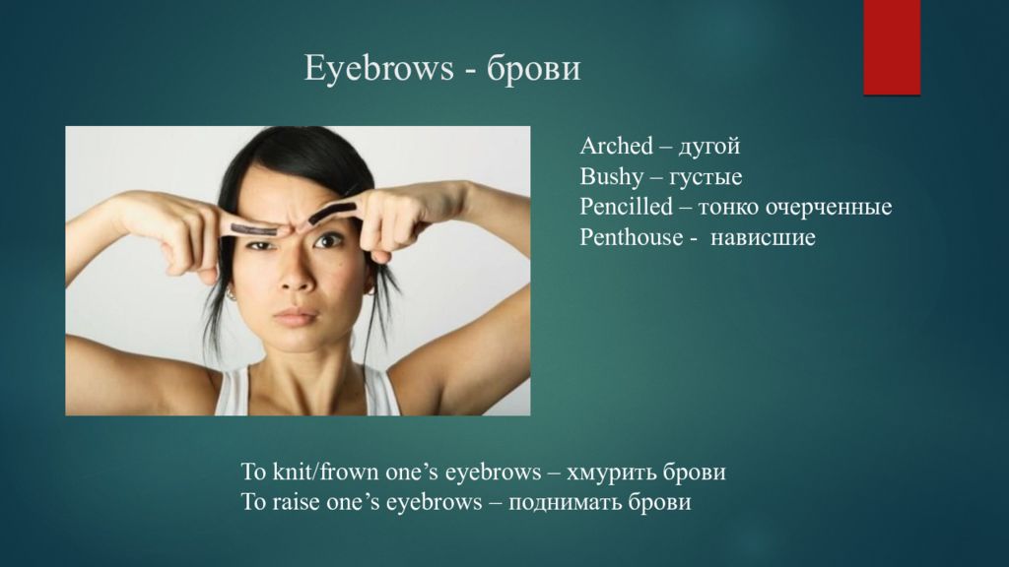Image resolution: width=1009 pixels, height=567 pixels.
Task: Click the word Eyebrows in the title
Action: [x=378, y=69]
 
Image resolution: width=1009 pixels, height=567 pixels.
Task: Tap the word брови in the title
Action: [x=533, y=69]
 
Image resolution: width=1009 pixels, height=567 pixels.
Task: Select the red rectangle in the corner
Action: [x=892, y=47]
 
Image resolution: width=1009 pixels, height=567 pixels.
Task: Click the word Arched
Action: [x=617, y=146]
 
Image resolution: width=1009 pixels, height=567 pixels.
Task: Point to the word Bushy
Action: [x=611, y=177]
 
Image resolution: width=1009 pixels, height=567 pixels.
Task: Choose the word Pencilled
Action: [x=626, y=207]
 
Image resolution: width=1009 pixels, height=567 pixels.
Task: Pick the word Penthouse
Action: [x=632, y=237]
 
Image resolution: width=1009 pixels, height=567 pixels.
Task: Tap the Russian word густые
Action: [x=706, y=177]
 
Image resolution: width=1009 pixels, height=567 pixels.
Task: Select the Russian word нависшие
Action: [x=763, y=238]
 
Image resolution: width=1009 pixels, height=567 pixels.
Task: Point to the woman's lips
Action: [x=296, y=317]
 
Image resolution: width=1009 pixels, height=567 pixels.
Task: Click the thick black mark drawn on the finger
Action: [x=332, y=213]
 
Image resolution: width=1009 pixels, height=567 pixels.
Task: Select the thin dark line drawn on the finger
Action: [x=253, y=228]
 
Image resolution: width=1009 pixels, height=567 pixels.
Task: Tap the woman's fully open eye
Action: [x=328, y=241]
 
